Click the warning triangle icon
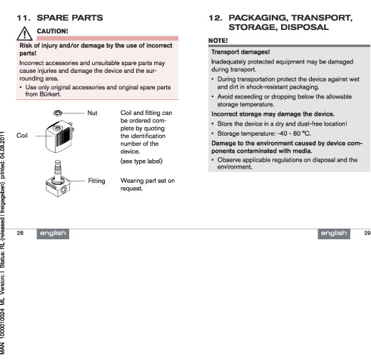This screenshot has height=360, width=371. [25, 34]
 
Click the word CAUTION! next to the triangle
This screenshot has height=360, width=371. [53, 31]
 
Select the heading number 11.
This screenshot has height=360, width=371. [24, 18]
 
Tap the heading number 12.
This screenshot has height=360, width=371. [215, 18]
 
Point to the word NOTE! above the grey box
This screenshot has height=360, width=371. [218, 41]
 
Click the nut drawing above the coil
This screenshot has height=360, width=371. [58, 113]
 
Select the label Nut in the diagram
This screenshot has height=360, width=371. [92, 113]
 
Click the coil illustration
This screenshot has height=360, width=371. [60, 136]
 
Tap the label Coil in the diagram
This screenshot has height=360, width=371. [22, 136]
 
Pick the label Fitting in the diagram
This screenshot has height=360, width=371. [96, 181]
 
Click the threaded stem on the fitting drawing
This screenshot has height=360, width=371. [58, 170]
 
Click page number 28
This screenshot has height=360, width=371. [20, 233]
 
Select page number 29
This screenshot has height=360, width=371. [367, 233]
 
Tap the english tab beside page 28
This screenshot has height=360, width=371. [53, 234]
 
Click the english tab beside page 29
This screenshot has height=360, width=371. [334, 234]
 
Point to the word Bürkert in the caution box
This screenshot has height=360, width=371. [50, 94]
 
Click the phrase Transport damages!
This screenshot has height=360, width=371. [240, 52]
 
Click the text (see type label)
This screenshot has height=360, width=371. [141, 161]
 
